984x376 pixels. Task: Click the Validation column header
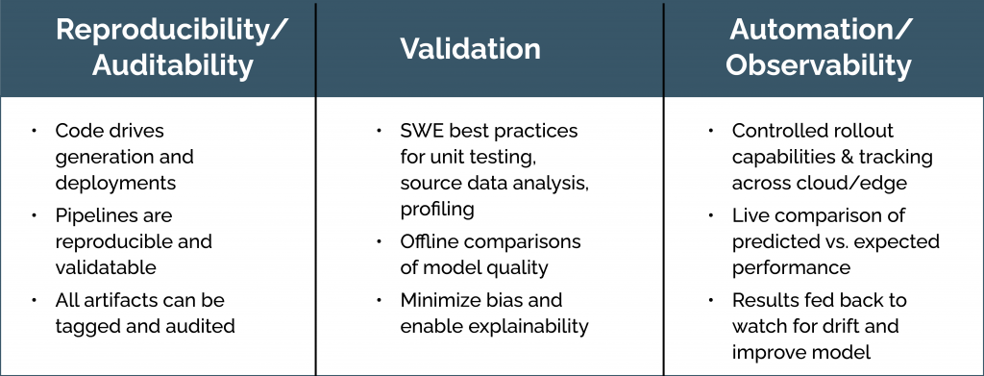click(470, 49)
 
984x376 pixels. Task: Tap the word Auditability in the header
click(173, 66)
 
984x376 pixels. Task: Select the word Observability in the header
click(819, 66)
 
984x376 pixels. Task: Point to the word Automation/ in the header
click(819, 30)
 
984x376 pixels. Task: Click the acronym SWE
click(421, 131)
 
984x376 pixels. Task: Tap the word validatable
click(106, 266)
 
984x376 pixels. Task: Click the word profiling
click(437, 209)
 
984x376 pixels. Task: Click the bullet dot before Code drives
click(34, 131)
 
